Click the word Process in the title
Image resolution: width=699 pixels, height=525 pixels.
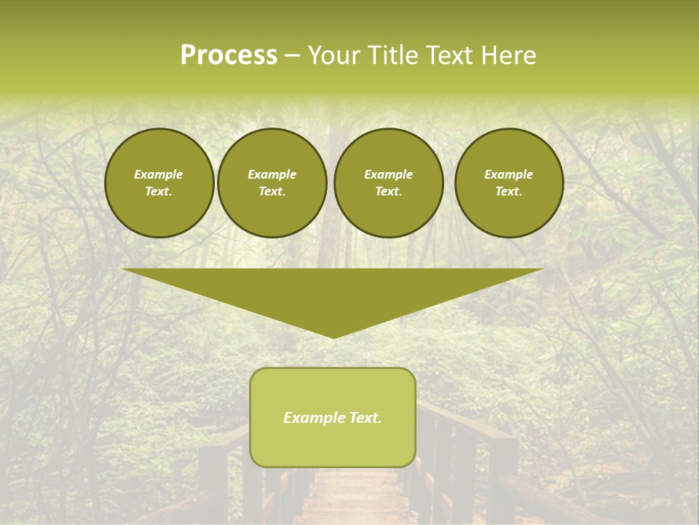229,55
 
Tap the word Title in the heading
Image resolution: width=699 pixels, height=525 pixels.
391,55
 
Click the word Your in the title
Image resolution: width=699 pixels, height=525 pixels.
336,55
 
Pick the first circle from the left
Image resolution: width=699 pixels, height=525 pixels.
159,183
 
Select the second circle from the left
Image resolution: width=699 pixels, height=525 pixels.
272,183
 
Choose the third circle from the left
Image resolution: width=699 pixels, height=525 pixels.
389,183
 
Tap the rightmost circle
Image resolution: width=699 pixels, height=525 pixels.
509,183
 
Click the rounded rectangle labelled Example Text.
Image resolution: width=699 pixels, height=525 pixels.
333,417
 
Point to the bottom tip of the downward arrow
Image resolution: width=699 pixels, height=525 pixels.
333,337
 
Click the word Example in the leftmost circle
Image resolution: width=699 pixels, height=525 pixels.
159,174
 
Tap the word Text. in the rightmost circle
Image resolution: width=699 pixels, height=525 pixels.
509,192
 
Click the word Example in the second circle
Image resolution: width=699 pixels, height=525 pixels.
272,174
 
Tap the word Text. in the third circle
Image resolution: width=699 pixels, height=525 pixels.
389,192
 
